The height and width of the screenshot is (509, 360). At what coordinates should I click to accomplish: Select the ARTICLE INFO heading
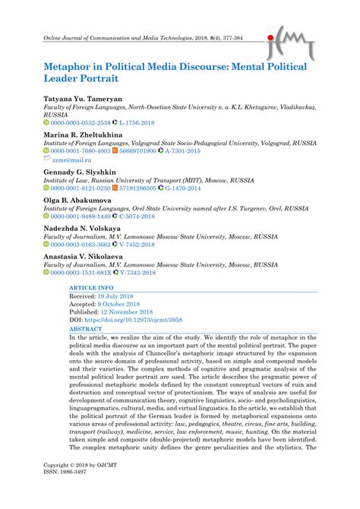(93, 289)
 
